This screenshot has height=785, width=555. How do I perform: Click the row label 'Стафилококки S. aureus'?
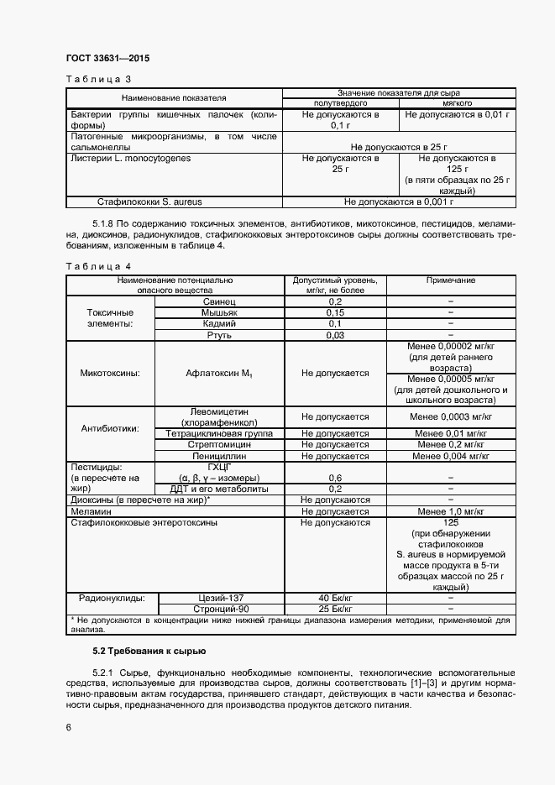149,201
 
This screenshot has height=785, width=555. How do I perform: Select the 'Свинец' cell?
220,301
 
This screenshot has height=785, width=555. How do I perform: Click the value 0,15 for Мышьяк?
335,311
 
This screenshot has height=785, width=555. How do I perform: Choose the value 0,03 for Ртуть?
335,335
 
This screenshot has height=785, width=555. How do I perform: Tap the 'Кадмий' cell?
220,323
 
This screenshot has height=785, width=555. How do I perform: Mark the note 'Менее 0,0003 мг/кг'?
451,416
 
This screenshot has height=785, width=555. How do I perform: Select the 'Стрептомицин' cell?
220,444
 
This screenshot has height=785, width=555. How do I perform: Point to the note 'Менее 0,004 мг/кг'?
451,456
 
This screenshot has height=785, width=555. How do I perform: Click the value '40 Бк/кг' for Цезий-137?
335,598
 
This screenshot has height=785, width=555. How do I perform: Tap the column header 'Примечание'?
451,280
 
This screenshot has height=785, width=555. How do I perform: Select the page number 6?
68,728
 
